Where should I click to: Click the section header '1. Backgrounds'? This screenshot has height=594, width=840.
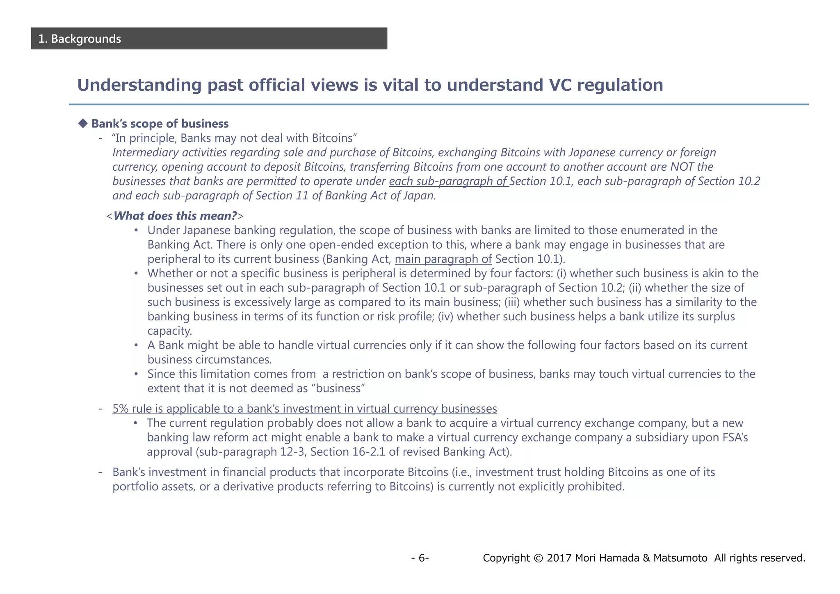tap(80, 39)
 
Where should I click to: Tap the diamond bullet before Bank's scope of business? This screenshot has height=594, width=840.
tap(83, 123)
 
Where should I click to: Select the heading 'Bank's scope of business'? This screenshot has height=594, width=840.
tap(160, 123)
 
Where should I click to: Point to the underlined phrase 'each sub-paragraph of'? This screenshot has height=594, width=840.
tap(449, 181)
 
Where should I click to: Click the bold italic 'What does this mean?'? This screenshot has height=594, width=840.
tap(175, 216)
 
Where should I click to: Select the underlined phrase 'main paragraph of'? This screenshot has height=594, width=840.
tap(443, 259)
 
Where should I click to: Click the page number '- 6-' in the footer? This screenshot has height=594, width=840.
tap(420, 558)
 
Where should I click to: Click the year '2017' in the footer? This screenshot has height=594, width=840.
tap(559, 558)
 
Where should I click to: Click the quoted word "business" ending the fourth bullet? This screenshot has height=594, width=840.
tap(339, 388)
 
